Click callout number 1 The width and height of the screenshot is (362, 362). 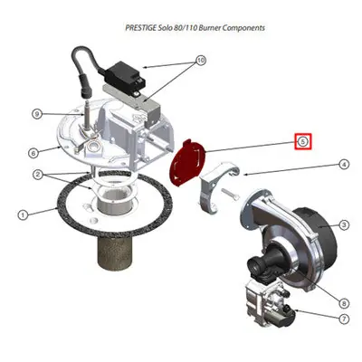point(22,215)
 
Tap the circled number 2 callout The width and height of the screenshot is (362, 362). point(38,175)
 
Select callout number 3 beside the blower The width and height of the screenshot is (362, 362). point(344,224)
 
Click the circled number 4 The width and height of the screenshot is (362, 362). point(344,165)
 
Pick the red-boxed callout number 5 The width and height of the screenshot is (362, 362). point(303,141)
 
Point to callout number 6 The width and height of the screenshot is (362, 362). point(33,153)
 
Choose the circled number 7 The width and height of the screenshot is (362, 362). point(344,319)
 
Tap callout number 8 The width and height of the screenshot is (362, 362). point(344,303)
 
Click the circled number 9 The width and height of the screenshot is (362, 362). point(37,114)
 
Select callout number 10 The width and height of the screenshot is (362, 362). point(201,61)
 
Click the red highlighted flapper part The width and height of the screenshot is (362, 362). point(187,162)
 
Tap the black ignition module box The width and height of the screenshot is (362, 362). point(125,77)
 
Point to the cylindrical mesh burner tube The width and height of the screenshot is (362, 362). point(114,253)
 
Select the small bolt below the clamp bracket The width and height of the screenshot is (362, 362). point(230,194)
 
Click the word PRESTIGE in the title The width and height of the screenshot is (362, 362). point(140,28)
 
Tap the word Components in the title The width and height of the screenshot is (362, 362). point(244,28)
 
